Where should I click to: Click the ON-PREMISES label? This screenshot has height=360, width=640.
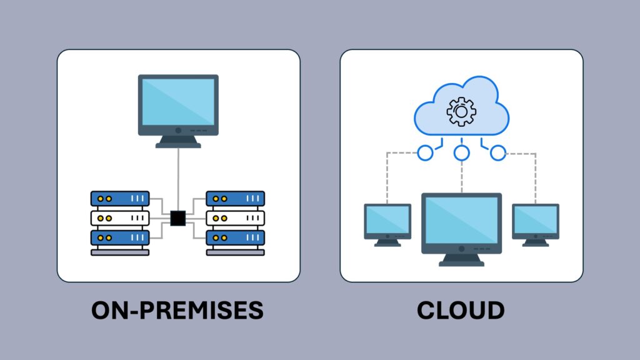point(177,310)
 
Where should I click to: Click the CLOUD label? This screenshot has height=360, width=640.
point(461,310)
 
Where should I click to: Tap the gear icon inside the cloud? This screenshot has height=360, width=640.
point(461,111)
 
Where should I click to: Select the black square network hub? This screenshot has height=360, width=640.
point(178,218)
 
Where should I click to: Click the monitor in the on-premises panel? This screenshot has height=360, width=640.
point(178,104)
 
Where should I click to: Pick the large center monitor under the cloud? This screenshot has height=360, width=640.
point(461,222)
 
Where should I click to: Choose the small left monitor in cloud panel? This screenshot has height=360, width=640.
point(387,221)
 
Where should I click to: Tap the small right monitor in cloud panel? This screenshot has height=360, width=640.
point(536,221)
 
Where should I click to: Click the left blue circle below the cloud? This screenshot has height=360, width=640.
point(425,152)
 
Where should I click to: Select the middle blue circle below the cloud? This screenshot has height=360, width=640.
point(461,152)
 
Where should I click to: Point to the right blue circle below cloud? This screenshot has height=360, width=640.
point(498,152)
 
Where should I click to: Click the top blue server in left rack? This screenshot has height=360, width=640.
point(120,199)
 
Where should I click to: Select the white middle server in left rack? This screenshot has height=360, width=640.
point(120,218)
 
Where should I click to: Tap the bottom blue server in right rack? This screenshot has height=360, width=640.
point(236,237)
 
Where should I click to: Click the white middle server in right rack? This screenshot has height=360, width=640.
point(236,218)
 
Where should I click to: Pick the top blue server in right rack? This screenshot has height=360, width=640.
point(236,199)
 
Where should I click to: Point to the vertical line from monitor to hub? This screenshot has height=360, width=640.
point(178,178)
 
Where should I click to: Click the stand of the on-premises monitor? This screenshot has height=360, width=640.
point(178,141)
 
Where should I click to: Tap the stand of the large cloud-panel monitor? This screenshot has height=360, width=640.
point(461,259)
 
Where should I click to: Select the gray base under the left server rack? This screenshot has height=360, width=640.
point(120,252)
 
